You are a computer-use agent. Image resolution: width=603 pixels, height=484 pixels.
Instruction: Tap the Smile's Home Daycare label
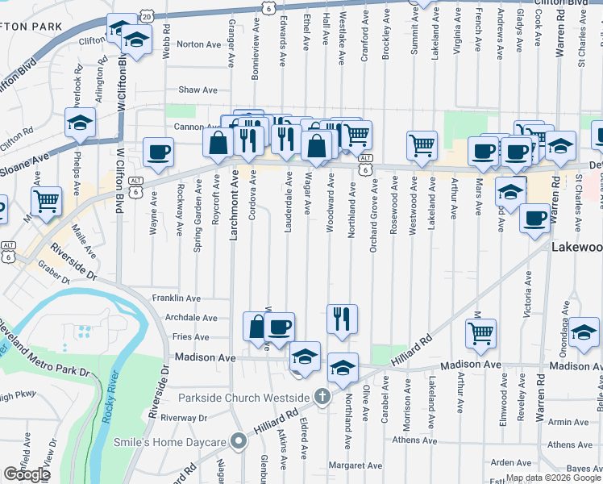[x=185, y=441]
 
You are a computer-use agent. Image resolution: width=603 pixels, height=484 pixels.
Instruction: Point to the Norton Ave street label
[x=198, y=44]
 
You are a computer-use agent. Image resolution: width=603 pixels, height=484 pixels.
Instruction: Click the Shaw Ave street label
[x=198, y=90]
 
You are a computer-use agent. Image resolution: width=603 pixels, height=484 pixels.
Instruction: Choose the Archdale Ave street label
[x=192, y=319]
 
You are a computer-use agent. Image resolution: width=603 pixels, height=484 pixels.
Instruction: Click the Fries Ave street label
[x=191, y=337]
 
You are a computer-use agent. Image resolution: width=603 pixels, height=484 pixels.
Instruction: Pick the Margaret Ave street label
[x=356, y=465]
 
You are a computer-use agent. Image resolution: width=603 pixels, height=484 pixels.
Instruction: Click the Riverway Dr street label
[x=184, y=418]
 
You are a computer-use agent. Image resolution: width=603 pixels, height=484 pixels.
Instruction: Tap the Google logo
[x=27, y=474]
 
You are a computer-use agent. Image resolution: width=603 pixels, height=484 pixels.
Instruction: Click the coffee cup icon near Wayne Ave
[x=158, y=151]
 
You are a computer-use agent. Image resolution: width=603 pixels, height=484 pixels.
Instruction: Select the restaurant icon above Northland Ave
[x=343, y=318]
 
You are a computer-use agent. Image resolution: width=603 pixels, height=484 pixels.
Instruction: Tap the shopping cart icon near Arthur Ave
[x=480, y=332]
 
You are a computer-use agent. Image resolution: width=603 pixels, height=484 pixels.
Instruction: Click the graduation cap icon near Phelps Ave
[x=81, y=123]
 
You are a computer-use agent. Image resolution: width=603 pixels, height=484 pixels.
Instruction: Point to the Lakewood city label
[x=577, y=248]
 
